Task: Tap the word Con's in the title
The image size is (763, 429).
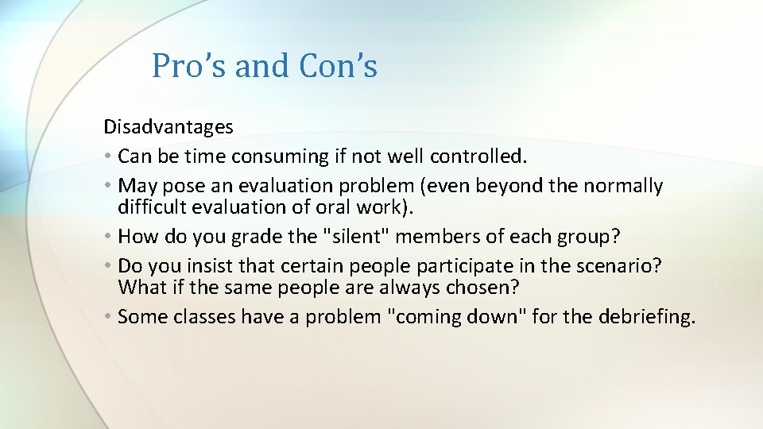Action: click(338, 66)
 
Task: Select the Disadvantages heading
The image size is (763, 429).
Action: click(168, 126)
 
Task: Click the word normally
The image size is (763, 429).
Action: click(623, 186)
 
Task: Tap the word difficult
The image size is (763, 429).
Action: click(150, 207)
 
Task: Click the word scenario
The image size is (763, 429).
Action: click(620, 266)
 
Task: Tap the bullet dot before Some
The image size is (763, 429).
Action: click(108, 318)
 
